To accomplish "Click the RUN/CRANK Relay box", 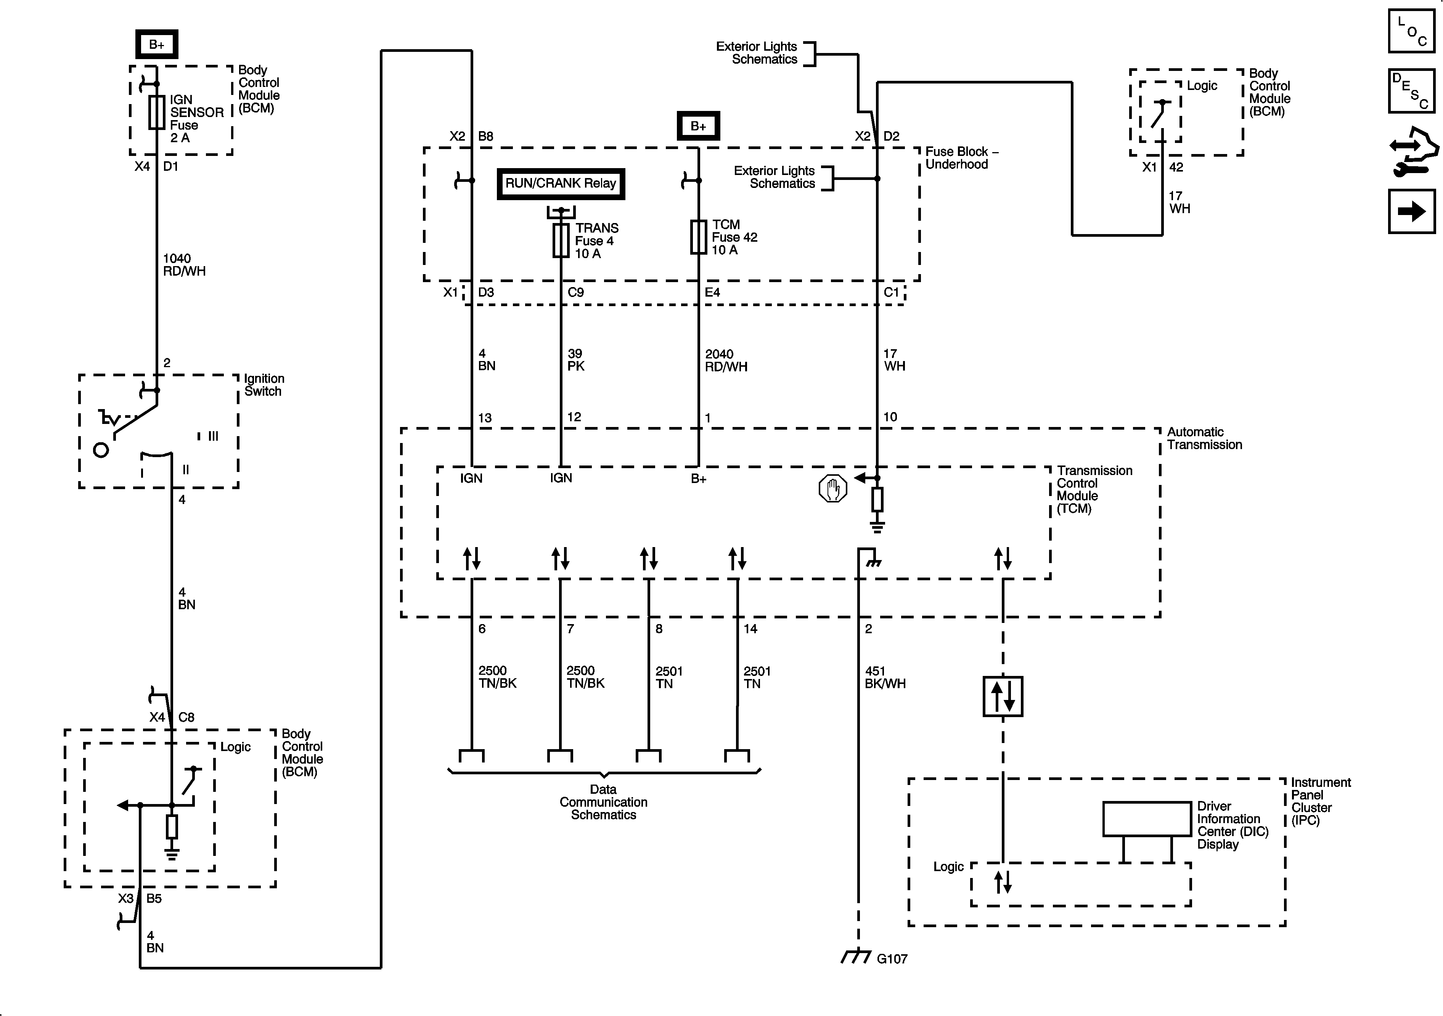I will point(561,183).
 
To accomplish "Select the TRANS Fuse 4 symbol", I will point(561,241).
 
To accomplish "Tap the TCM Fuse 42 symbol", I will point(698,237).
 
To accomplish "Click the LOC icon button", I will point(1411,31).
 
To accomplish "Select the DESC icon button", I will point(1411,91).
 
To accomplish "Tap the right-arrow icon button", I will point(1411,212).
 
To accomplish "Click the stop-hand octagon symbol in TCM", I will point(833,488).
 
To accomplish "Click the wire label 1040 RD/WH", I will point(184,265).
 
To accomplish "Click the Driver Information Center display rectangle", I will point(1147,819).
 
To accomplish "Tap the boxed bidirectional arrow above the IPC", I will point(1003,696).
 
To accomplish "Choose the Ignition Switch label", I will point(264,385).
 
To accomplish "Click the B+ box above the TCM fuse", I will point(697,126).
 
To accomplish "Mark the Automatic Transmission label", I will point(1204,438).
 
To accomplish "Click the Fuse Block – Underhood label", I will point(961,158).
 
